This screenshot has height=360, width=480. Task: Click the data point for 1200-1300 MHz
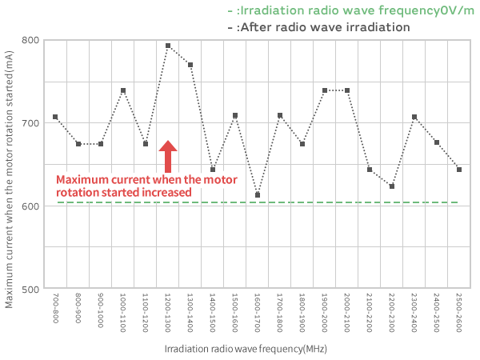(168, 46)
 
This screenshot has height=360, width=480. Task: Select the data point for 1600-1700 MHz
(258, 195)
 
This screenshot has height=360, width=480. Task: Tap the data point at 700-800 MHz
(55, 117)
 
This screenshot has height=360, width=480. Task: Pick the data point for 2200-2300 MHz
(392, 186)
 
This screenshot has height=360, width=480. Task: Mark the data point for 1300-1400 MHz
(190, 65)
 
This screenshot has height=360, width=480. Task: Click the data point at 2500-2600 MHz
(459, 170)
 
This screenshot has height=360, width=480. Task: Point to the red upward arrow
(168, 157)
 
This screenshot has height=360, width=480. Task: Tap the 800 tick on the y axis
(31, 40)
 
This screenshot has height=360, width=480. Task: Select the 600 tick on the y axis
(31, 206)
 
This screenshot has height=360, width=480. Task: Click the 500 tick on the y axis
(31, 288)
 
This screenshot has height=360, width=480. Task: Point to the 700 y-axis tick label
(31, 123)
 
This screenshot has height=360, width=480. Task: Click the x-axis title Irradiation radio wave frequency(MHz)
(246, 350)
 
